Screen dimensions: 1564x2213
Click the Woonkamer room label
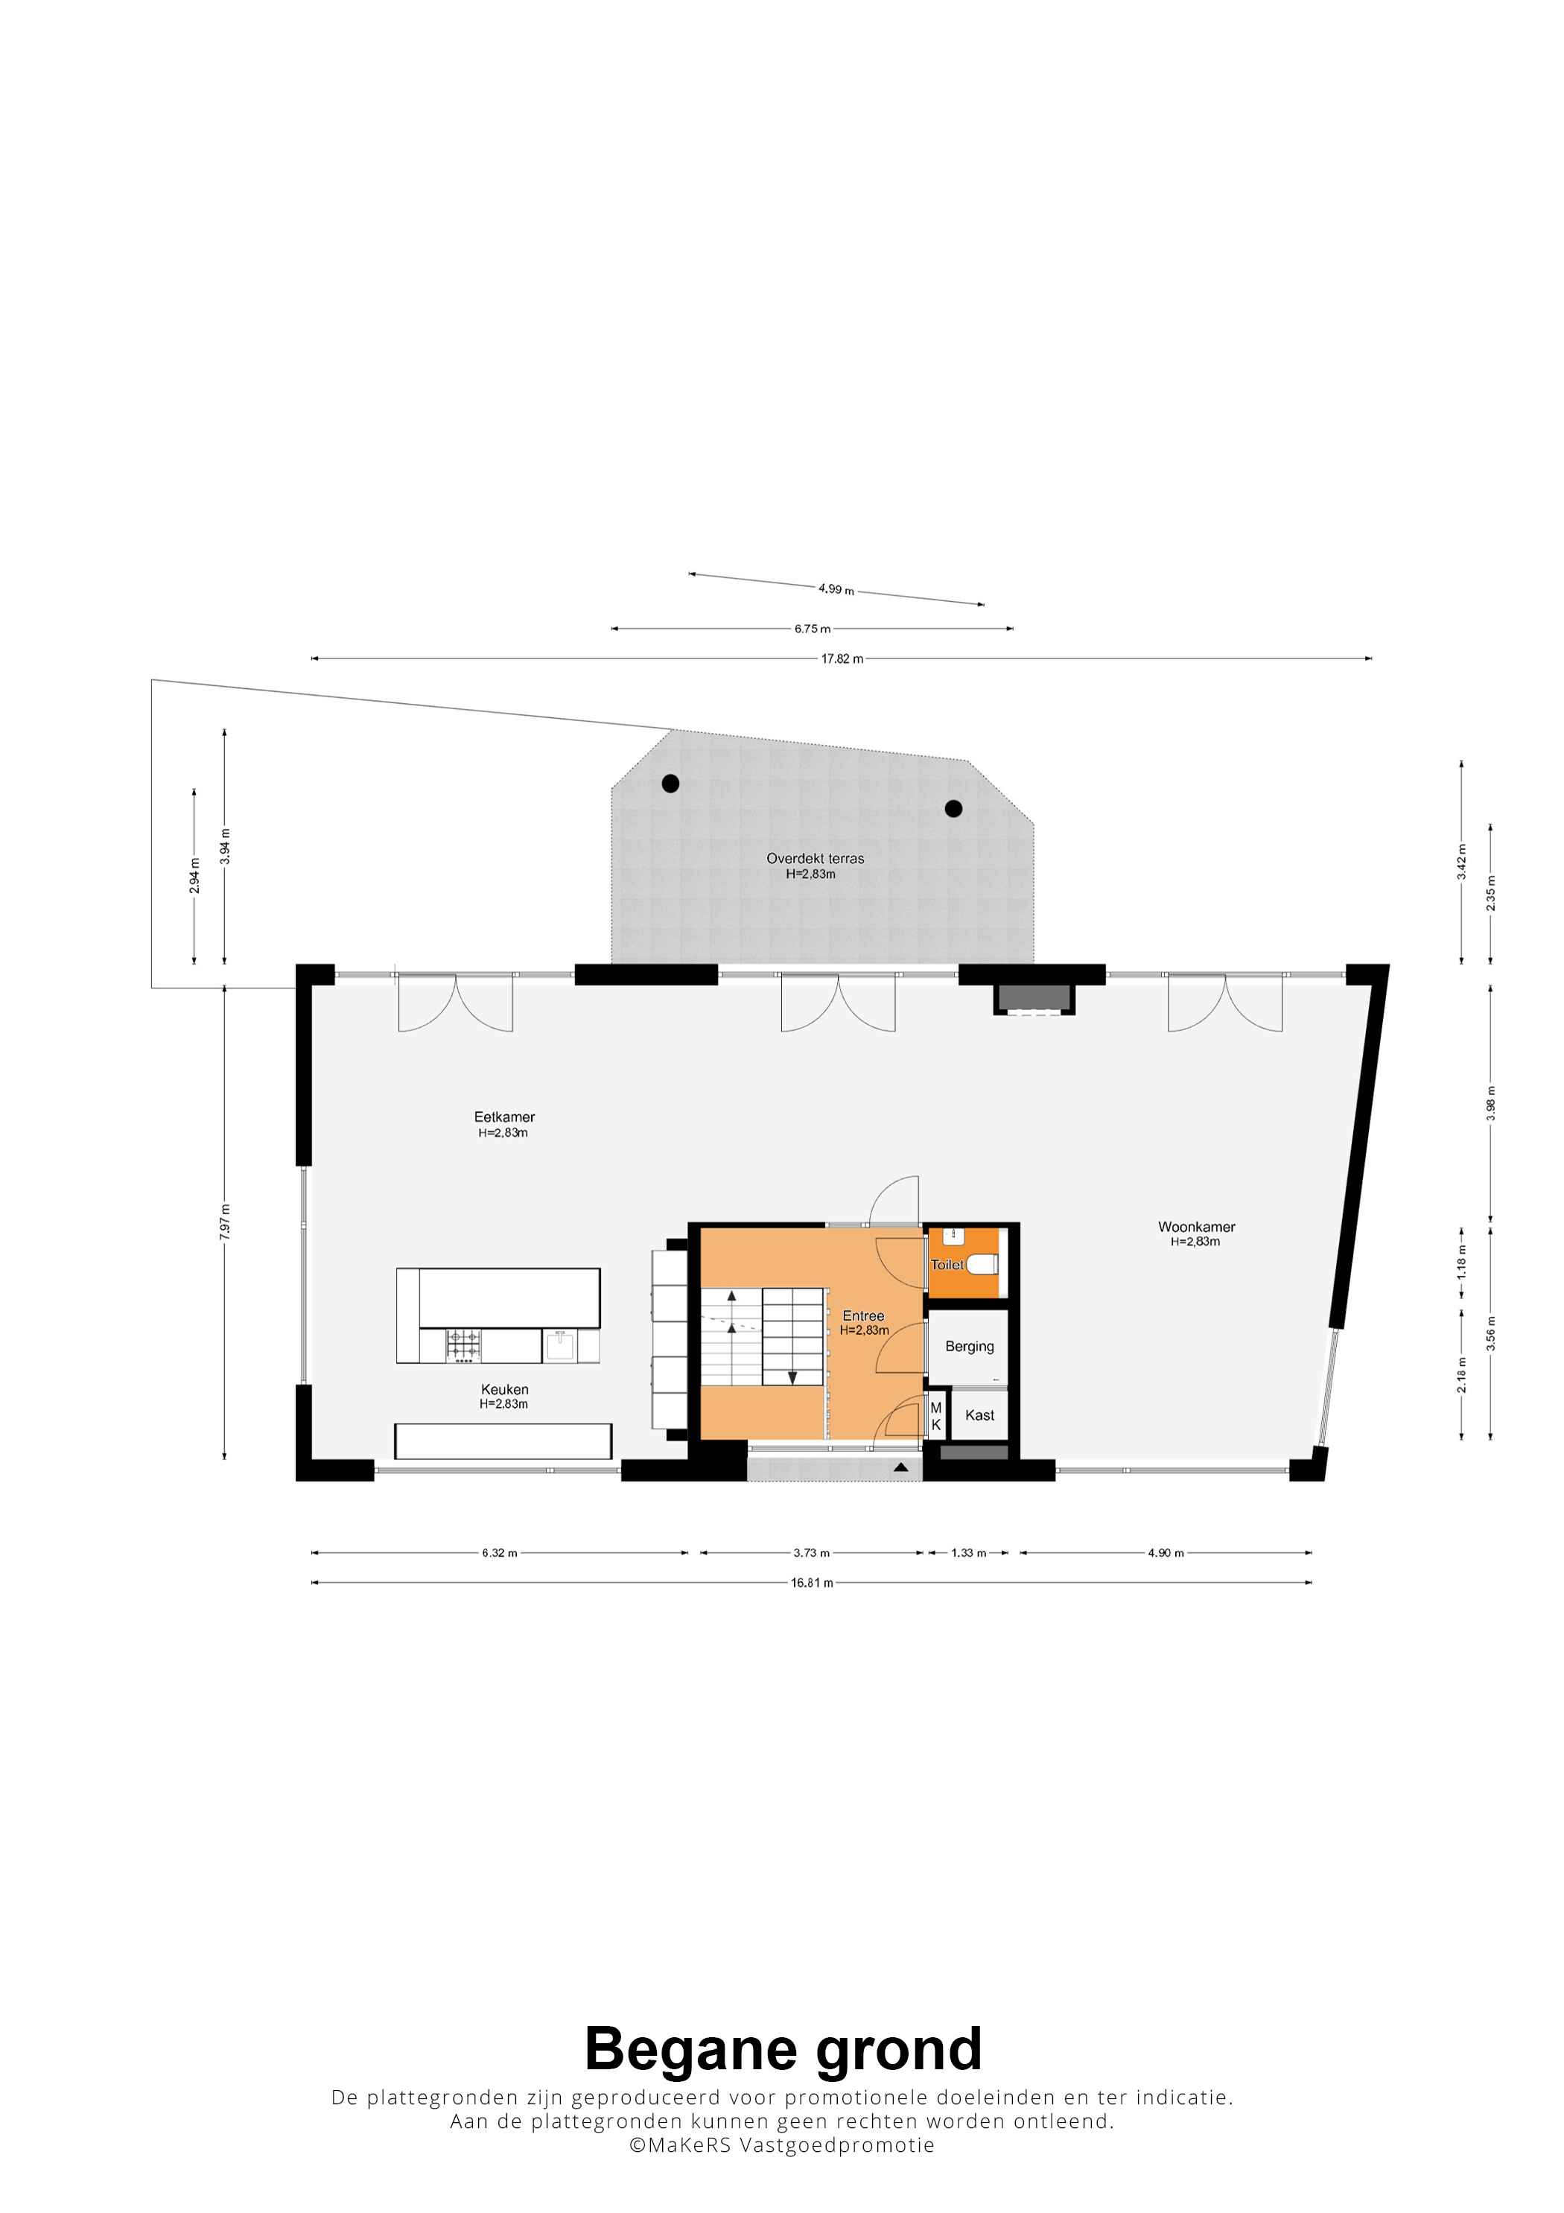(x=1196, y=1227)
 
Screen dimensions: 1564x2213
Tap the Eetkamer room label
(x=504, y=1117)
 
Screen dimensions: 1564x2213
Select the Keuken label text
(x=505, y=1389)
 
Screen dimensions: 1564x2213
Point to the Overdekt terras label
(x=816, y=858)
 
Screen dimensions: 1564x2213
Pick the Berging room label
(x=970, y=1347)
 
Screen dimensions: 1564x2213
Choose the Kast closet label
(x=979, y=1415)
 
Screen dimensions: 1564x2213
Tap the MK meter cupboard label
(x=935, y=1416)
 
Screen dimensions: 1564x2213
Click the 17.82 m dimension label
(x=842, y=659)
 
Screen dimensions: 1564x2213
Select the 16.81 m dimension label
(x=811, y=1583)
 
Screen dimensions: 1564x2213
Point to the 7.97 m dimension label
(x=224, y=1221)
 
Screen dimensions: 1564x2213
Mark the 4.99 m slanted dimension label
(x=836, y=589)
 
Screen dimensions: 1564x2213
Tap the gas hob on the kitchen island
(x=462, y=1344)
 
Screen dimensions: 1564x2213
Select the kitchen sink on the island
(x=560, y=1344)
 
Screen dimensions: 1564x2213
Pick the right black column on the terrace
(x=953, y=809)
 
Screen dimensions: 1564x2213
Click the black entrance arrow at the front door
(x=900, y=1467)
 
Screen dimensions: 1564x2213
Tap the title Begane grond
(x=783, y=2048)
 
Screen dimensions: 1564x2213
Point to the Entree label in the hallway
(x=863, y=1315)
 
